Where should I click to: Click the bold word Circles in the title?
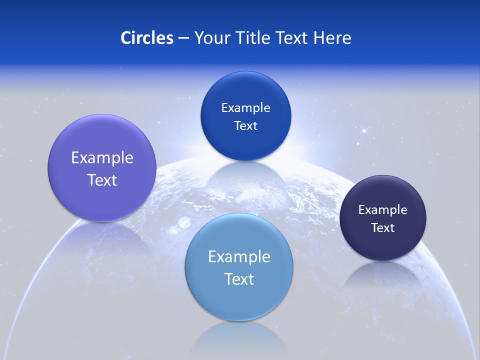pyautogui.click(x=147, y=38)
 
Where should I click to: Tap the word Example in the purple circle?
pyautogui.click(x=102, y=158)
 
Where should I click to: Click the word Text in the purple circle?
pyautogui.click(x=102, y=180)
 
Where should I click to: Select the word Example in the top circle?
pyautogui.click(x=246, y=108)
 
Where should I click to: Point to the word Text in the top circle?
pyautogui.click(x=246, y=126)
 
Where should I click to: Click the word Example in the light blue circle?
pyautogui.click(x=239, y=257)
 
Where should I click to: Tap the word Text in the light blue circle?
pyautogui.click(x=239, y=279)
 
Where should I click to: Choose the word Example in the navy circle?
pyautogui.click(x=383, y=210)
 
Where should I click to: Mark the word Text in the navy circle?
pyautogui.click(x=383, y=228)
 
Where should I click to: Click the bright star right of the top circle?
pyautogui.click(x=364, y=131)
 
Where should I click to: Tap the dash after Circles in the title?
pyautogui.click(x=183, y=38)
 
